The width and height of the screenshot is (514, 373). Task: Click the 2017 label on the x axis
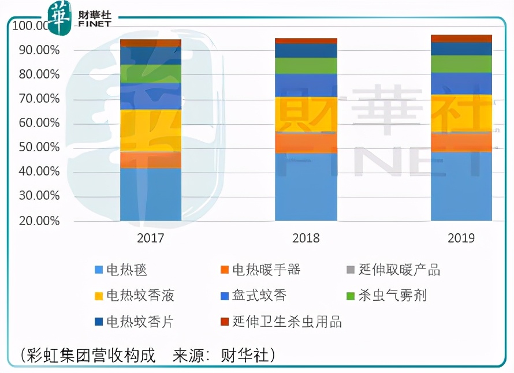point(150,238)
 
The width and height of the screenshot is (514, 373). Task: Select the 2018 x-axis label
point(306,238)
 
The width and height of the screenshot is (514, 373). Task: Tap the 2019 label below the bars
point(461,238)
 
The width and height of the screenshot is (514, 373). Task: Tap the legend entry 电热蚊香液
point(140,296)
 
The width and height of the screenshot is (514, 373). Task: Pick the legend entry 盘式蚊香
point(259,296)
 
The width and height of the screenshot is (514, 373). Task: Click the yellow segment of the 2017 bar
point(150,130)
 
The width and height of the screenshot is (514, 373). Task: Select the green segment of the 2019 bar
point(461,64)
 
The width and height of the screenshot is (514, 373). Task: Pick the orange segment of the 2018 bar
point(306,143)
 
